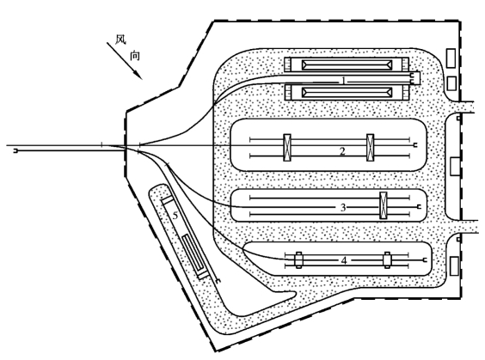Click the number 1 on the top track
coord(344,81)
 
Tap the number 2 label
coord(342,151)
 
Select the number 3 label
coord(343,207)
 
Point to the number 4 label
coord(344,261)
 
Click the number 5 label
coord(175,216)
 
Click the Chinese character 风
coord(120,40)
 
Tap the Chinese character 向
coord(135,56)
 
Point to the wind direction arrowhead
coord(138,75)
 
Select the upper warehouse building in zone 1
coord(347,65)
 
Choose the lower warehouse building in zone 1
coord(347,92)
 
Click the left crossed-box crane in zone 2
coord(287,148)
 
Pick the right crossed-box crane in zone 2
coord(370,148)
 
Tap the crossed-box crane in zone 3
coord(384,205)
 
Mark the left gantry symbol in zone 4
coord(298,259)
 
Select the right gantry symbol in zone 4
coord(387,259)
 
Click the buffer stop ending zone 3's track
coord(419,207)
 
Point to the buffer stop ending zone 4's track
coord(426,260)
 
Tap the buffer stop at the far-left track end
coord(15,151)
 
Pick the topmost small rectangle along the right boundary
coord(451,58)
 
